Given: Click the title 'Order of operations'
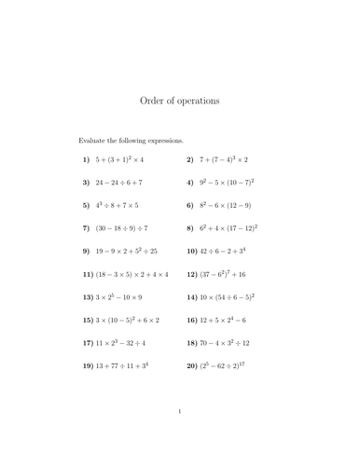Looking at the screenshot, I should (179, 101).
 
